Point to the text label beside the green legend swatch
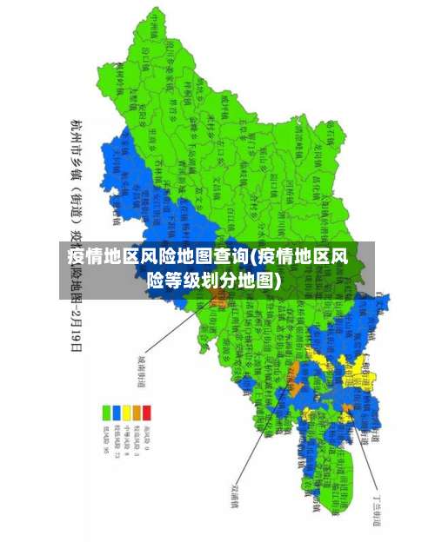point(107,438)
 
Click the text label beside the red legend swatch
point(146,436)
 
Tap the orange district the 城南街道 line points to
point(217,301)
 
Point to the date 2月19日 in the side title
point(77,329)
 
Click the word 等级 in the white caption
point(185,281)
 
